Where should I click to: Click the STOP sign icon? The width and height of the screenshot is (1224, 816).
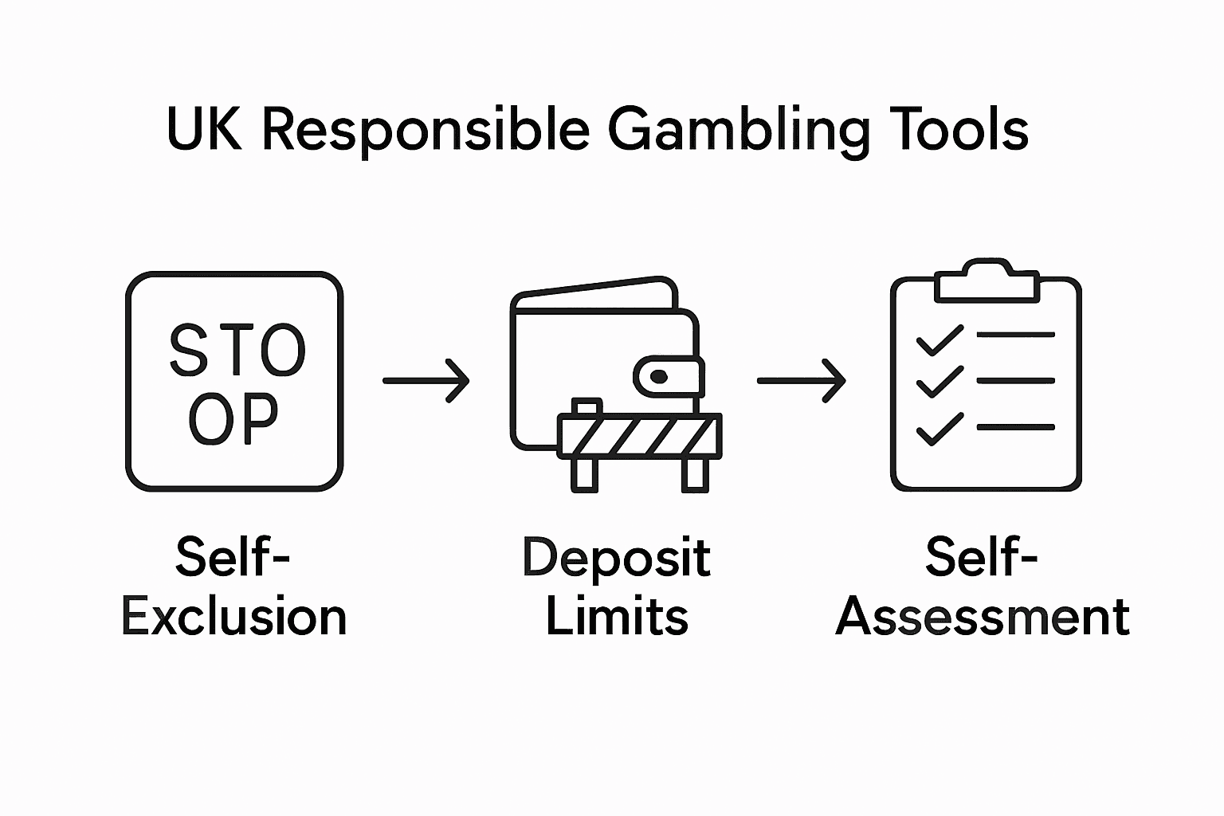(234, 381)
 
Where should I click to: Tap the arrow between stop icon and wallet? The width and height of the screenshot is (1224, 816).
(426, 381)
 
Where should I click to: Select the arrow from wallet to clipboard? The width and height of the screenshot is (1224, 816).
(801, 381)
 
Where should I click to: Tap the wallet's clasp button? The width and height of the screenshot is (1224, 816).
(658, 375)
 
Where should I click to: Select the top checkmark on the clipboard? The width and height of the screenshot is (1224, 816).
(940, 340)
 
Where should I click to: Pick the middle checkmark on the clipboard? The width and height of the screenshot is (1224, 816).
(940, 383)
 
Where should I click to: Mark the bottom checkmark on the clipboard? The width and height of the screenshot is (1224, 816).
(940, 429)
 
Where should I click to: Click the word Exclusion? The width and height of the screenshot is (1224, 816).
(234, 618)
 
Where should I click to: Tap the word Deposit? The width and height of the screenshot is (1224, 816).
(616, 558)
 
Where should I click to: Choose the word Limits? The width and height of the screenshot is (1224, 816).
(616, 618)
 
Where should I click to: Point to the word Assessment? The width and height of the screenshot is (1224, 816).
(983, 618)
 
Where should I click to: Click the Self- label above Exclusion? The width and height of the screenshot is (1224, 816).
(233, 558)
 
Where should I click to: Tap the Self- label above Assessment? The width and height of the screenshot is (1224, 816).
(982, 558)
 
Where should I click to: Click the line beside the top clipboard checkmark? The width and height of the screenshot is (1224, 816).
(1015, 335)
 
